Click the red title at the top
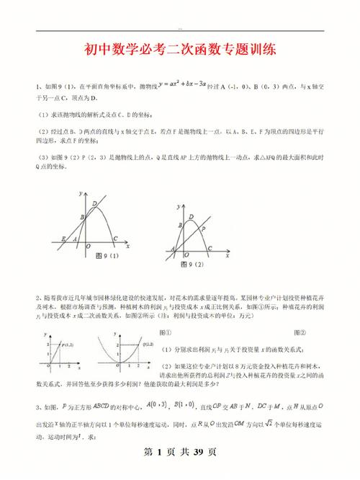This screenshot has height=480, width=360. click(179, 52)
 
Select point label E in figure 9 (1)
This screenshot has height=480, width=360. click(64, 239)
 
